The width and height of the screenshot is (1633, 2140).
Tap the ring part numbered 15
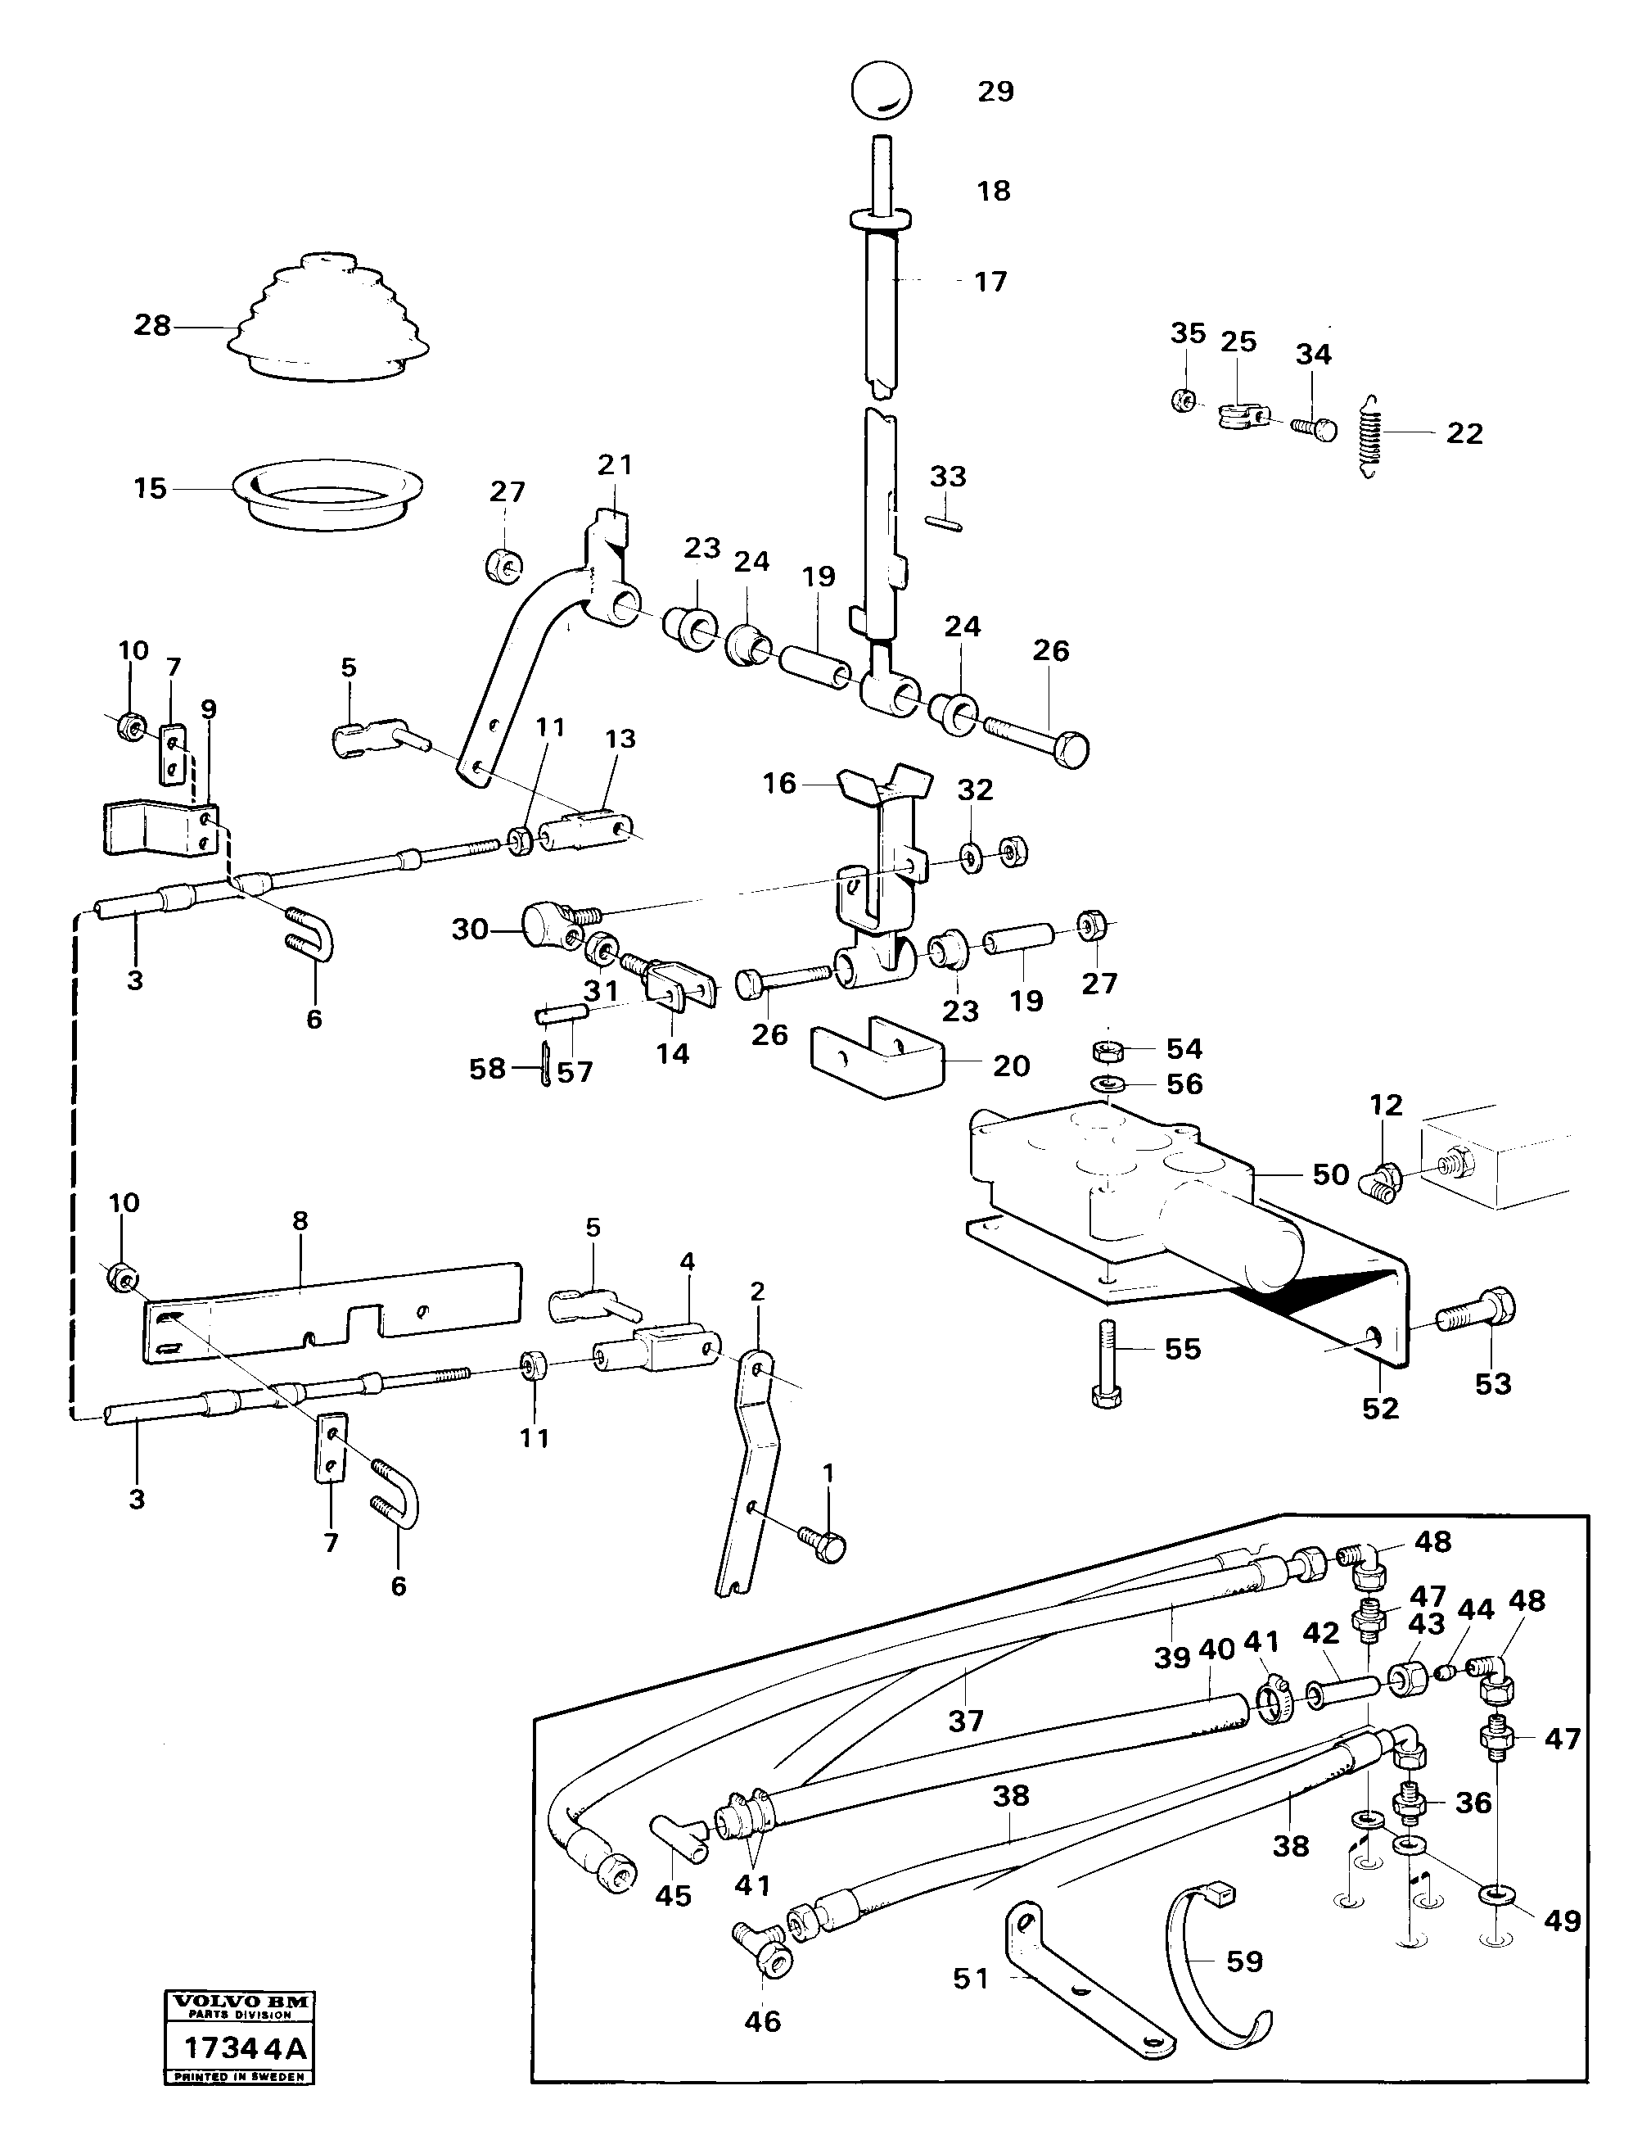click(330, 495)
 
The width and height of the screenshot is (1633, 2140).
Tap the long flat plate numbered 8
click(331, 1308)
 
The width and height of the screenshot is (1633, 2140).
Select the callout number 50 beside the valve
click(1331, 1174)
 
